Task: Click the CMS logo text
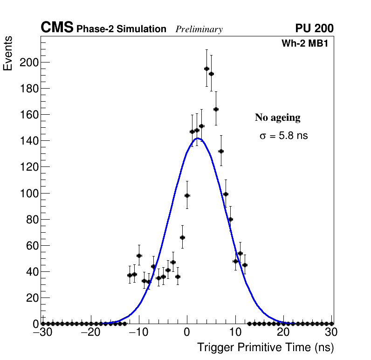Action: (57, 28)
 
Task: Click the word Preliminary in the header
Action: (199, 30)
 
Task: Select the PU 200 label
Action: (314, 28)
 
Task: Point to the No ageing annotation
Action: (277, 118)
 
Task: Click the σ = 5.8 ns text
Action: (283, 136)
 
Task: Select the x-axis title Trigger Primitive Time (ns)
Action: (265, 348)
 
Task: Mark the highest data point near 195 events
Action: (206, 69)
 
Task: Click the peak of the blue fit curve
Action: (198, 138)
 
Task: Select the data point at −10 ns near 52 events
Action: (139, 256)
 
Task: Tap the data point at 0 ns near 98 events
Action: (187, 195)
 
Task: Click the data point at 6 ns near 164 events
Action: (216, 109)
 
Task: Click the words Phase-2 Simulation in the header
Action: (121, 29)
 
